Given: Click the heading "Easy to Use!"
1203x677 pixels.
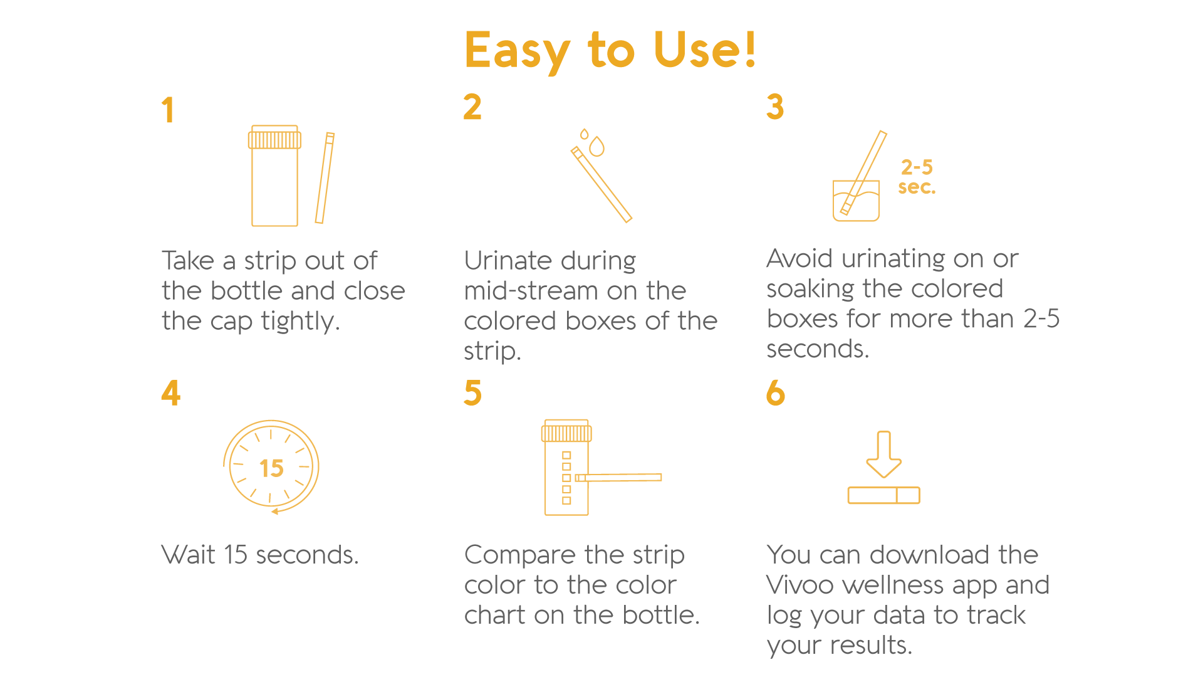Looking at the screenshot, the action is (611, 50).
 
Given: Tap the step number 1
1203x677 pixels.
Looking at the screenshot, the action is (167, 110).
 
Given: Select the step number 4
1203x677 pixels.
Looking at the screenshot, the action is (171, 393).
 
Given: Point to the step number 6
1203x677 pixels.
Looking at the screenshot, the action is (776, 393).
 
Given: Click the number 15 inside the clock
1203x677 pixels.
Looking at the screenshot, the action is (271, 468).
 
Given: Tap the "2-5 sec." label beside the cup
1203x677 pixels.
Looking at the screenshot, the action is (917, 177).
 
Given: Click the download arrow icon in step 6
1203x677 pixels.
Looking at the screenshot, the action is (884, 454).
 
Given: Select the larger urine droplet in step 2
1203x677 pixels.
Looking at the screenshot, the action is (597, 146).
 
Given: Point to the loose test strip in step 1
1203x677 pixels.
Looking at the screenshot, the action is (325, 178).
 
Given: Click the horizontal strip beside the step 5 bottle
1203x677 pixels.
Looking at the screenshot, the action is (618, 478).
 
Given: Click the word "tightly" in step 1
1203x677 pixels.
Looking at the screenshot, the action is (300, 322).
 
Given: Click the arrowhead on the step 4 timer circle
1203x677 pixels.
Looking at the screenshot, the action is (275, 512).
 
